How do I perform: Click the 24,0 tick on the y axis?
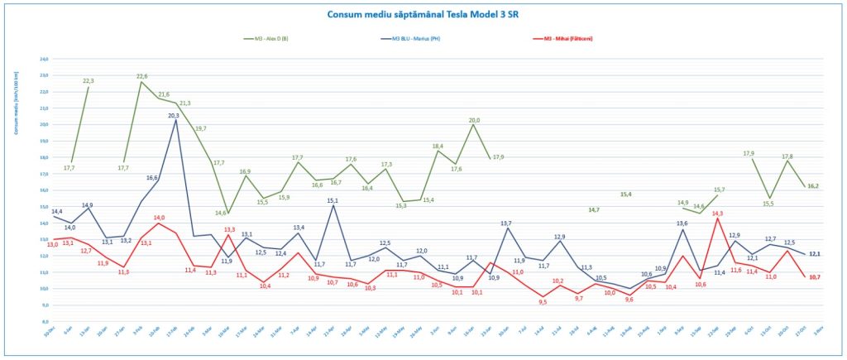click(x=45, y=59)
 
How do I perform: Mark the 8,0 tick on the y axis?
click(x=45, y=321)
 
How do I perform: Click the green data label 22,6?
click(x=141, y=76)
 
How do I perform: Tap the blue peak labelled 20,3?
click(x=174, y=116)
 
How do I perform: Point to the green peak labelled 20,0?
click(x=474, y=120)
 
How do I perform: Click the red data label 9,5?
click(x=543, y=302)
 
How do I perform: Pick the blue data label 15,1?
click(x=333, y=200)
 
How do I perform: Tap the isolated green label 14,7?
click(x=594, y=210)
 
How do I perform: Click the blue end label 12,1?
click(x=814, y=254)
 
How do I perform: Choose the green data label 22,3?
click(x=89, y=81)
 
